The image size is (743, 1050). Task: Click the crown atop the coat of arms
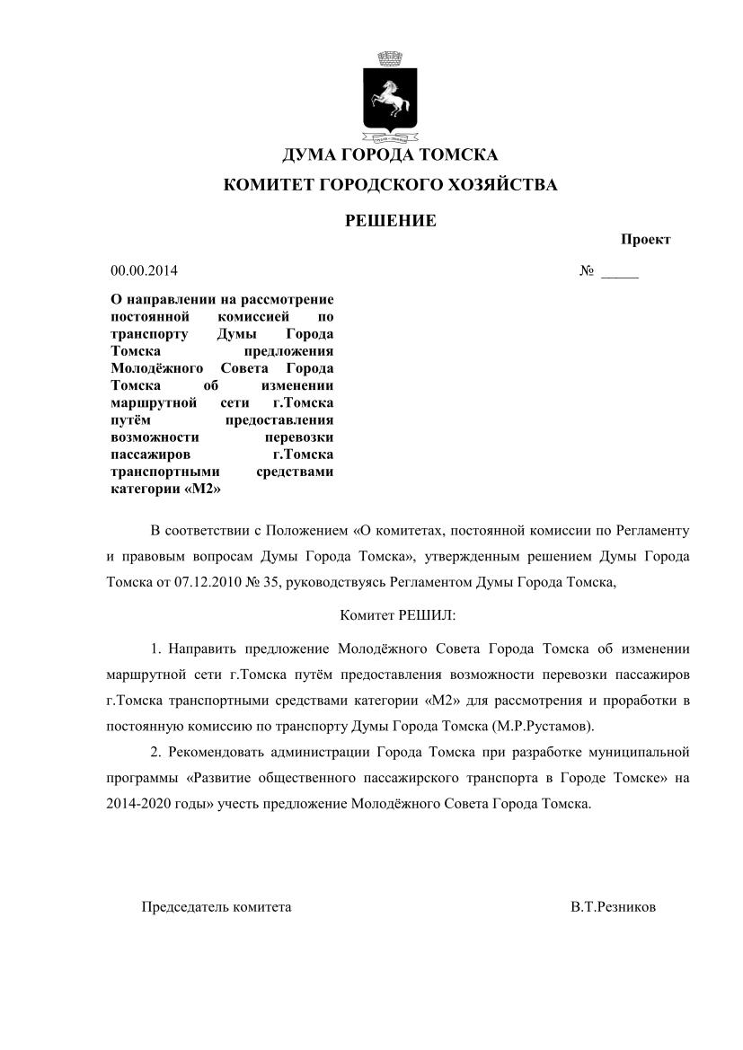[x=389, y=59]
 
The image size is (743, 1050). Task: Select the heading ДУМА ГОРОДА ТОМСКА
[x=390, y=155]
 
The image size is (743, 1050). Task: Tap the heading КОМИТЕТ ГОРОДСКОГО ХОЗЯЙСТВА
[x=390, y=186]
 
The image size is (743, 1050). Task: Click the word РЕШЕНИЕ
[x=391, y=220]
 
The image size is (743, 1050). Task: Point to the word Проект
[x=645, y=240]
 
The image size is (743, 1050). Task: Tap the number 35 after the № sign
[x=273, y=581]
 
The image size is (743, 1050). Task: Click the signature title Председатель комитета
[x=217, y=907]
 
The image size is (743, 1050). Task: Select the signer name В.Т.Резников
[x=613, y=907]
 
